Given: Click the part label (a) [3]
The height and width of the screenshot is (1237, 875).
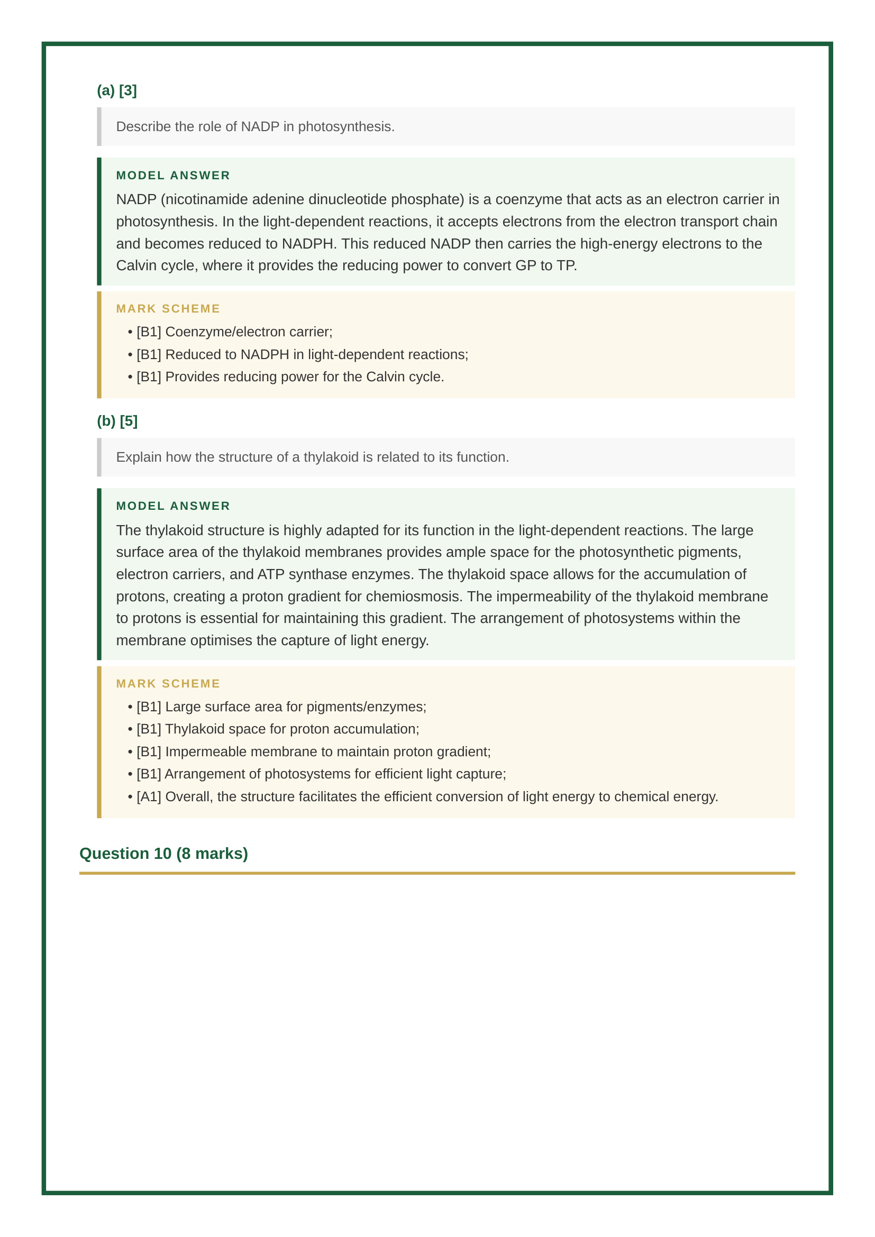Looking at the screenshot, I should pos(116,90).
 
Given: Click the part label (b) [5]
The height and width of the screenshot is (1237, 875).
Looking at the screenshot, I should pos(117,421).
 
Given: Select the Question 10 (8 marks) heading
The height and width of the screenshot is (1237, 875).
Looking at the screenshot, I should pos(163,854).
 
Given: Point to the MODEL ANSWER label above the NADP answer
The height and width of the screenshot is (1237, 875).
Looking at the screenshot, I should pos(173,176).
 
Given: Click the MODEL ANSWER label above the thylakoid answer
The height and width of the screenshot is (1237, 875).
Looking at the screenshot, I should pos(173,506).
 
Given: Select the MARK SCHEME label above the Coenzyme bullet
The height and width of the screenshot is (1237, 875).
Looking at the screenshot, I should pos(168,309).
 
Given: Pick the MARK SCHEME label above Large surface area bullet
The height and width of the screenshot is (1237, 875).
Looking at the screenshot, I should pos(168,684).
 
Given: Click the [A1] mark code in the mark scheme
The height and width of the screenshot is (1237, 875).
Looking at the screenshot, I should pos(149,796).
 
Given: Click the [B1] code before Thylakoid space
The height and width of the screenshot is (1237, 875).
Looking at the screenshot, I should pos(149,729).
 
